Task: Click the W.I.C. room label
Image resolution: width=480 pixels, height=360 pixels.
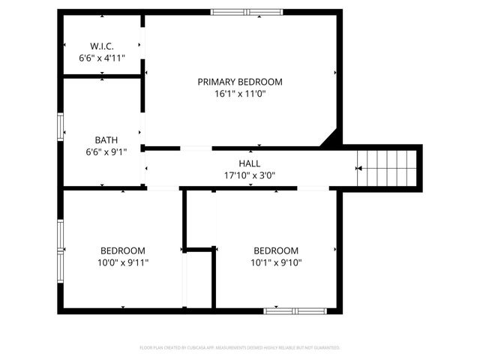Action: click(101, 46)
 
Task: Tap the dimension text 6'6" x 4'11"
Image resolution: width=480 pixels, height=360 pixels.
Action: click(101, 57)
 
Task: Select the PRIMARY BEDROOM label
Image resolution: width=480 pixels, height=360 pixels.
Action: click(240, 82)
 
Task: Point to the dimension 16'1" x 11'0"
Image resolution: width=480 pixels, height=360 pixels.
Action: click(240, 94)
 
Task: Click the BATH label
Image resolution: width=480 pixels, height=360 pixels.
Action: click(106, 139)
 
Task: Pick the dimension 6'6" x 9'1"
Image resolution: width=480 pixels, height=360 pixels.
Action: click(106, 151)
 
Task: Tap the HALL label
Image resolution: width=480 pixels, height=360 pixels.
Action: click(250, 163)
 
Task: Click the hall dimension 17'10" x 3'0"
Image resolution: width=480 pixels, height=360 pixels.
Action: click(250, 175)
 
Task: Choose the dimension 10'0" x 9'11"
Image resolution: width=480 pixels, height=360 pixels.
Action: click(123, 262)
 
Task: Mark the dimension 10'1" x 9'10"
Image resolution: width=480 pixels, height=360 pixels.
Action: click(275, 262)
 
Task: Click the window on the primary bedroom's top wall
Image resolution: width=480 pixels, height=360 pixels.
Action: click(246, 11)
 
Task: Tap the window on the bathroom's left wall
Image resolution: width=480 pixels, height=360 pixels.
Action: click(61, 127)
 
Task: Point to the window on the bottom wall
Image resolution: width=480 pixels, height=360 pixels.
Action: click(295, 310)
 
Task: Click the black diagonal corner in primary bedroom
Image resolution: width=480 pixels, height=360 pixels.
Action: click(332, 138)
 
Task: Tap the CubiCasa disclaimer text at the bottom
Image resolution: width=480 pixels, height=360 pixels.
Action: click(240, 348)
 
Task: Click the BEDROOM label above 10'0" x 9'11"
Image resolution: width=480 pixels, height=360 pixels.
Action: click(123, 250)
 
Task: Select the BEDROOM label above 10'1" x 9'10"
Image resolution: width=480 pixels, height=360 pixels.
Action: click(275, 250)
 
